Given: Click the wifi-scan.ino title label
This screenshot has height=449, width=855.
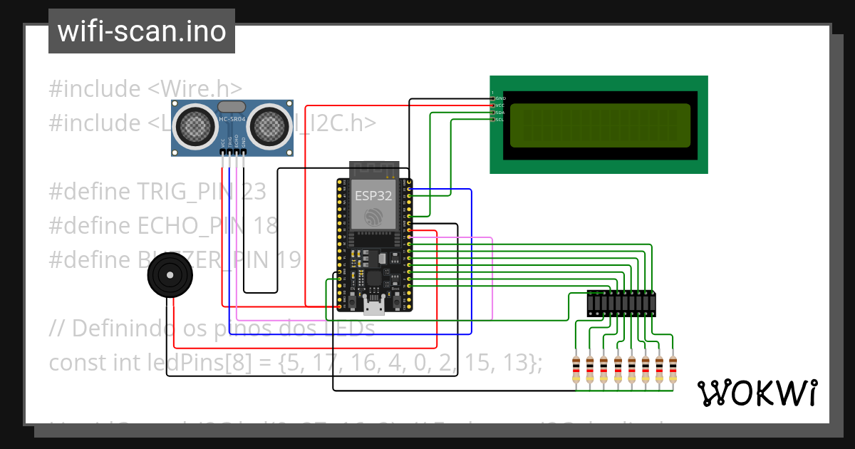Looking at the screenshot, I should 141,31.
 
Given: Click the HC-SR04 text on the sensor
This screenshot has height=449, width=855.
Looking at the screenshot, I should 232,119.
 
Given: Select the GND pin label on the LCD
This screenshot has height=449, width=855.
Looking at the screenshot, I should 500,98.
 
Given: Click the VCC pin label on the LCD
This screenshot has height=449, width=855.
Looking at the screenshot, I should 500,105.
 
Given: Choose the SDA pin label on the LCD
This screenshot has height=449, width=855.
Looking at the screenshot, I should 500,113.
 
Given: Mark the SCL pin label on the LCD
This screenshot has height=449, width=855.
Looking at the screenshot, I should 500,120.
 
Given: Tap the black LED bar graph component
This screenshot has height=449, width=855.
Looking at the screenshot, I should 621,304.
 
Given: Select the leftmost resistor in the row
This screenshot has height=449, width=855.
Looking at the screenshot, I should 576,369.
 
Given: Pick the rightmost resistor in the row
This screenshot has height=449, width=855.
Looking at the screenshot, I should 672,369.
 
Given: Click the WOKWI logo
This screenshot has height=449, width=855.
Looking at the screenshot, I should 757,393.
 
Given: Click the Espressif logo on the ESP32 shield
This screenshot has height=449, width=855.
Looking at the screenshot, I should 373,217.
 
